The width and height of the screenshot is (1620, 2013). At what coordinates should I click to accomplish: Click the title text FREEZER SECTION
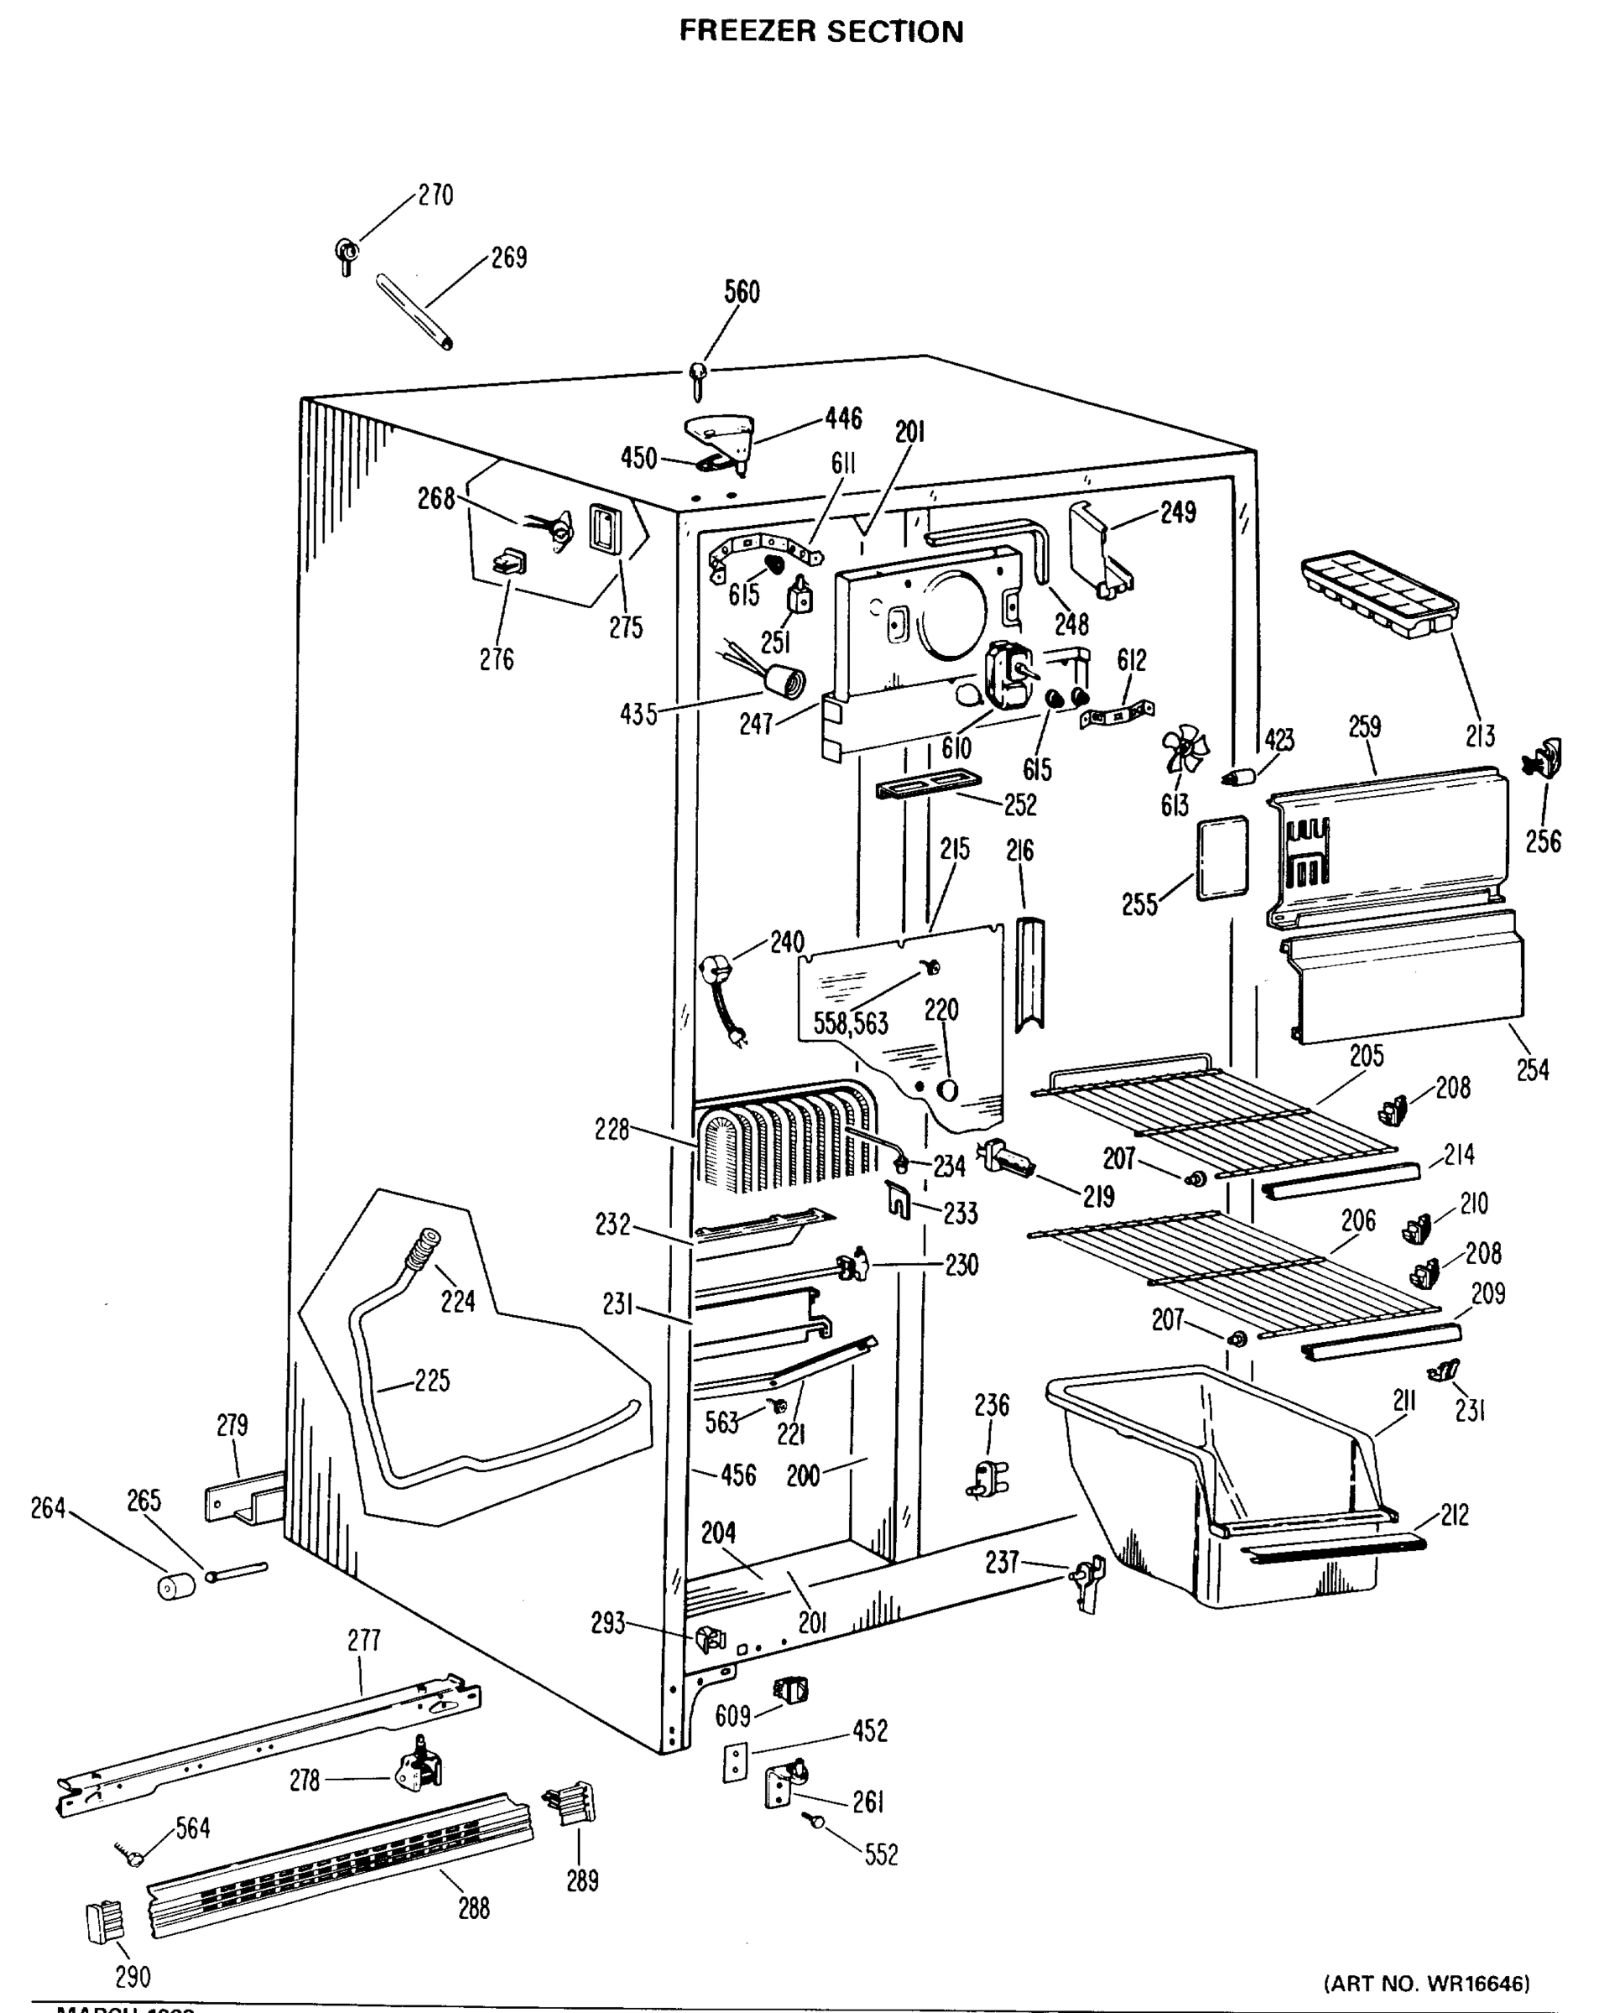[820, 32]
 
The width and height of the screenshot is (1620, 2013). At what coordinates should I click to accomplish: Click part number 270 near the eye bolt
[435, 195]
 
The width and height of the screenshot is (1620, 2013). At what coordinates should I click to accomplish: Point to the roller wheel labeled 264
[175, 1585]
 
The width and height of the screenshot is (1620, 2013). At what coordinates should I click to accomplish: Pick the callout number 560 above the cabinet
[742, 292]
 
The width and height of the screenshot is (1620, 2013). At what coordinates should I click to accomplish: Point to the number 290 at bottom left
[133, 1978]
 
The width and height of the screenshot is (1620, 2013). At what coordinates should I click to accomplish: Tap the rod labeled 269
[414, 310]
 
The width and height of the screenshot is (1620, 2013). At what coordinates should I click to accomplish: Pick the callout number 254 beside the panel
[1532, 1070]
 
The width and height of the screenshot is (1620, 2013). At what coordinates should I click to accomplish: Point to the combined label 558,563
[850, 1023]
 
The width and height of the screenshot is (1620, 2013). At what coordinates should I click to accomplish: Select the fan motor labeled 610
[1007, 677]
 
